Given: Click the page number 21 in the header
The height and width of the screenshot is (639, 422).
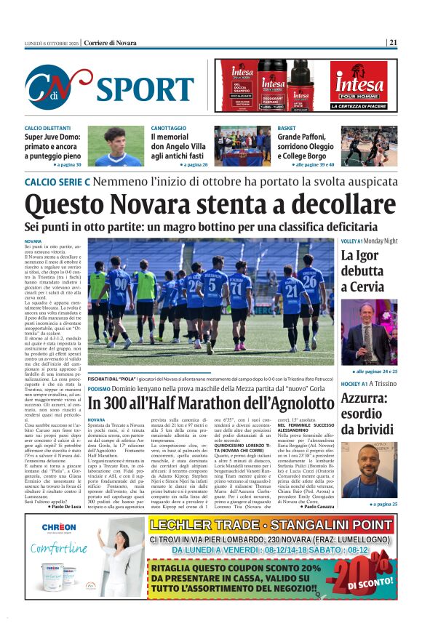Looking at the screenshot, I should click(393, 43).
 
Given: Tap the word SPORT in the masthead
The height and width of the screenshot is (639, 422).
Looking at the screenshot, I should click(144, 89).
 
